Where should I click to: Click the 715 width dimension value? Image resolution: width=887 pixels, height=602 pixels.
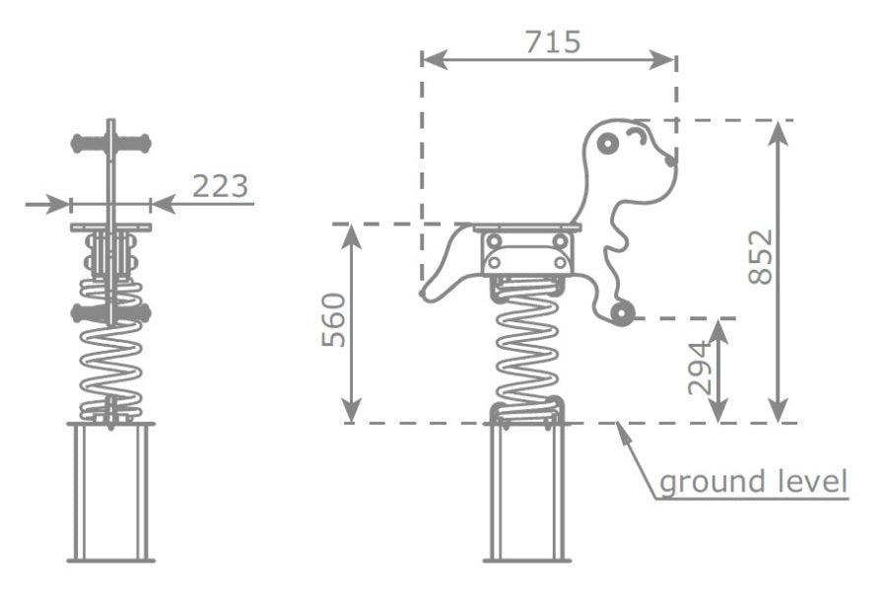(x=553, y=41)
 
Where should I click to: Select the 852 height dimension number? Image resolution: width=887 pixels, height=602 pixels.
(x=761, y=256)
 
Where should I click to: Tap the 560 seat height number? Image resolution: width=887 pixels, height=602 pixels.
(x=334, y=319)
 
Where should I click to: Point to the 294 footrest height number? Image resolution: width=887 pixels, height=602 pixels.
(x=699, y=368)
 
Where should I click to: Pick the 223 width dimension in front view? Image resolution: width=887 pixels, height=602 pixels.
(x=221, y=186)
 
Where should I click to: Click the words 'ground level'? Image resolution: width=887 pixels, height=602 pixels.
(x=754, y=482)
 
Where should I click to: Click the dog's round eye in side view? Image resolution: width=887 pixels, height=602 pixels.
(x=607, y=143)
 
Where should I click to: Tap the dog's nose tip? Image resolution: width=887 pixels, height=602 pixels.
(x=671, y=161)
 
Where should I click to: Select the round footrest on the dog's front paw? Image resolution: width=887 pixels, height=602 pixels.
(x=622, y=313)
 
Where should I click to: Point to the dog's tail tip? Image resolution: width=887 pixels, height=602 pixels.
(x=423, y=294)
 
